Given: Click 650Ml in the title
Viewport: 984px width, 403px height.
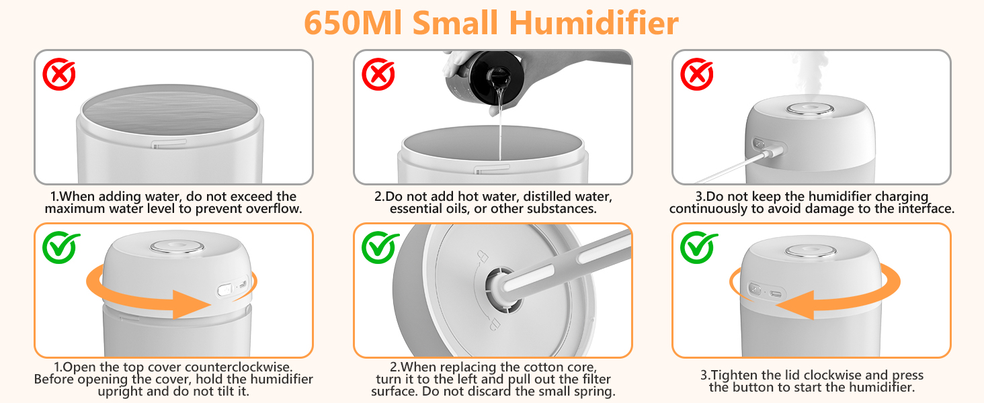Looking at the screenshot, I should point(352,23).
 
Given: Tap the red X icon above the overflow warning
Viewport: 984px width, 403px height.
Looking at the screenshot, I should point(59,75).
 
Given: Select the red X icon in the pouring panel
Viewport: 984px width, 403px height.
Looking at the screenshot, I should point(378,75).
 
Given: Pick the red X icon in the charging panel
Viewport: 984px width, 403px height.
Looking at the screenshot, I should point(697,75).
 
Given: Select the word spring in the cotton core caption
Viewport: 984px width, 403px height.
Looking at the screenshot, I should point(596,392).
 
